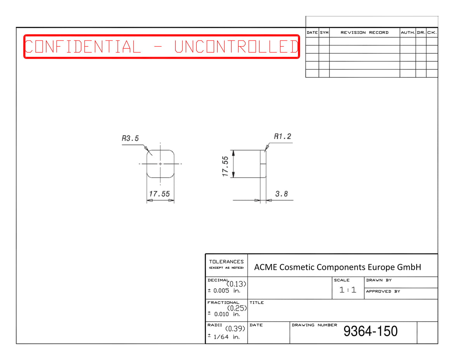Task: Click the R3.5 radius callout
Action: (x=130, y=138)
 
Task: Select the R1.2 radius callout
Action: (x=282, y=136)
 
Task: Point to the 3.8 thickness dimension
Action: (x=282, y=194)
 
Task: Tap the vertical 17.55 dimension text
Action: (x=225, y=166)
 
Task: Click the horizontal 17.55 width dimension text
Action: (x=159, y=194)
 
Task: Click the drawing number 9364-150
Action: (x=370, y=331)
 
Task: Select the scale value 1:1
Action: (x=348, y=290)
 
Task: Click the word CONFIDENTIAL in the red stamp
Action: (x=83, y=47)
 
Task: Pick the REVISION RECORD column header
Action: (x=364, y=33)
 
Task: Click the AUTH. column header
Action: (x=408, y=33)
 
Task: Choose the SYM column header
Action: (x=324, y=33)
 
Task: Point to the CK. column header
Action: (x=432, y=33)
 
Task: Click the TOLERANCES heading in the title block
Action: (x=226, y=262)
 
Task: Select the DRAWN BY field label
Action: (x=379, y=280)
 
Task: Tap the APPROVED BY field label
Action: (x=383, y=291)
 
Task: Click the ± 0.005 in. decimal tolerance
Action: (x=224, y=291)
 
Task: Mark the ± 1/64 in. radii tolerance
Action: (x=223, y=337)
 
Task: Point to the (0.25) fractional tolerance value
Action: (x=237, y=308)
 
